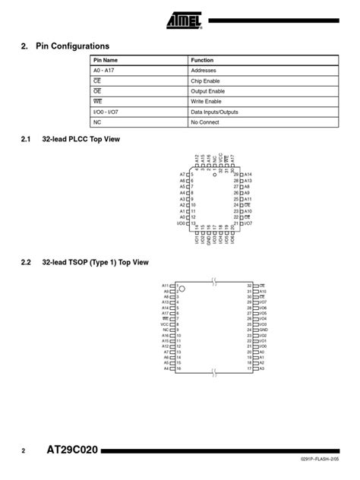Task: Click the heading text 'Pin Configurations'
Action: tap(72, 46)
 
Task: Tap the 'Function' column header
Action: tap(202, 60)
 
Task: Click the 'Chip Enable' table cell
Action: tap(207, 81)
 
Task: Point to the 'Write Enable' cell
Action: tap(207, 101)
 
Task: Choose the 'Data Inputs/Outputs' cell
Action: tap(214, 112)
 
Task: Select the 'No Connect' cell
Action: tap(205, 122)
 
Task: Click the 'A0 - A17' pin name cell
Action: tap(105, 70)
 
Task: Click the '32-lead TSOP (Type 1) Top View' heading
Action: tap(94, 263)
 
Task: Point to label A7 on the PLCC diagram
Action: tap(182, 175)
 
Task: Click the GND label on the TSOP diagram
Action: tap(264, 330)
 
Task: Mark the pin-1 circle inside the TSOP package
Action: tap(182, 289)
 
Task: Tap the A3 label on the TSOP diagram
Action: tap(261, 368)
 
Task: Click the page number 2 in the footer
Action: tap(24, 451)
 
